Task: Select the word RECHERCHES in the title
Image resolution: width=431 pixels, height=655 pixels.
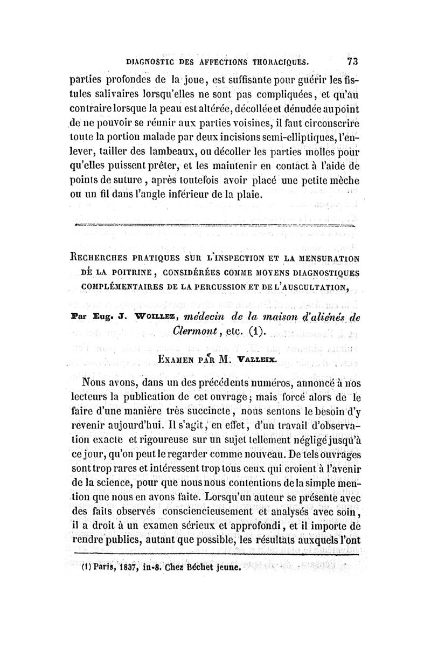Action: point(104,250)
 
